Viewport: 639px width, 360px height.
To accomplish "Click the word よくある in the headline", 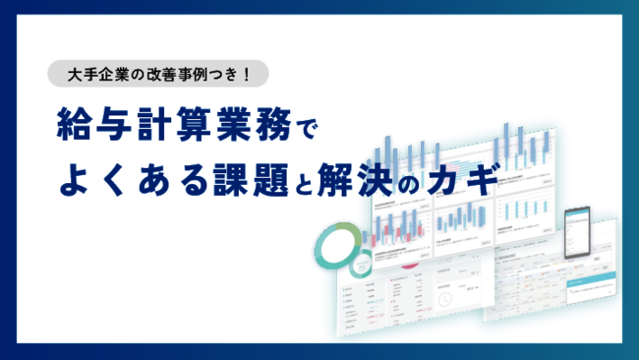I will pyautogui.click(x=125, y=181).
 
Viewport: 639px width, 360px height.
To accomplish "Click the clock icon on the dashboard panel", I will pyautogui.click(x=445, y=296).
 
